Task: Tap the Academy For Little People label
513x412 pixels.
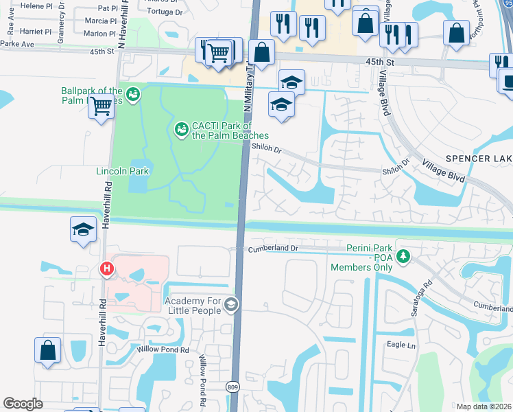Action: point(193,305)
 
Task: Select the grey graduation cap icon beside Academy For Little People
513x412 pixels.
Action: point(231,305)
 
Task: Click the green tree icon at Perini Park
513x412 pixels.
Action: point(404,256)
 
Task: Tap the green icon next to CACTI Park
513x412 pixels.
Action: point(181,128)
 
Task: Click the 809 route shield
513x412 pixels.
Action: point(234,387)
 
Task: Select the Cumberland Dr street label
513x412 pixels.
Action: point(273,248)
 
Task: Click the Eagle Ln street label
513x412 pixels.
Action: point(401,345)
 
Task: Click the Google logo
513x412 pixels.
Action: point(23,403)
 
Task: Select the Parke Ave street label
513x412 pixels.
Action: point(17,44)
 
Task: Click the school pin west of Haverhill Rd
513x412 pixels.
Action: point(83,229)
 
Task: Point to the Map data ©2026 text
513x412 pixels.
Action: point(484,407)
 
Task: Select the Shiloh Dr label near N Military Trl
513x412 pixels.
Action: point(267,147)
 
